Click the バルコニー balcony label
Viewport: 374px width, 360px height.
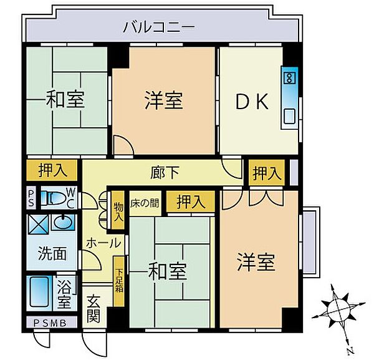(159, 27)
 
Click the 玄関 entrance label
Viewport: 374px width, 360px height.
(93, 308)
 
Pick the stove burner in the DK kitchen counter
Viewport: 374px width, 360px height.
(289, 78)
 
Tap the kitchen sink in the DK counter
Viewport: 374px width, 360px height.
(290, 115)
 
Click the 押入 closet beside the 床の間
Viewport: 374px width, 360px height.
(189, 202)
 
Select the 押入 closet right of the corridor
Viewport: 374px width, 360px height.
(266, 173)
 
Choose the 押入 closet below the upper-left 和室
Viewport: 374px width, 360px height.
(52, 170)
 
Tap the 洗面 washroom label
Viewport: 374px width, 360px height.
(52, 254)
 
